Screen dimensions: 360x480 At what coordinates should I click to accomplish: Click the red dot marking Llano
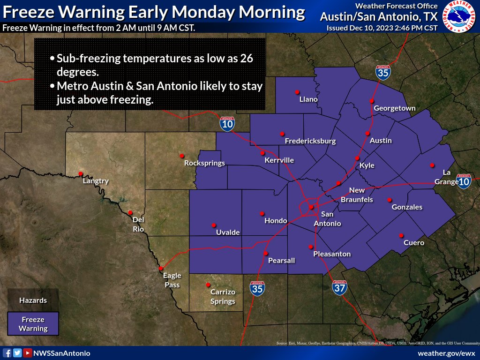tap(297, 92)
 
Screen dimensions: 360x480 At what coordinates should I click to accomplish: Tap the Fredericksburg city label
tap(310, 141)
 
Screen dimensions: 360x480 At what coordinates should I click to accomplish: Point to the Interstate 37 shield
tap(340, 287)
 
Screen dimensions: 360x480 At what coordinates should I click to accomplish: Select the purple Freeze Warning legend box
tap(33, 324)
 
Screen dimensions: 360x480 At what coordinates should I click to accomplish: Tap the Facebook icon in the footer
tap(7, 353)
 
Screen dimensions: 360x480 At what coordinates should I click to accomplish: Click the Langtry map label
tap(96, 181)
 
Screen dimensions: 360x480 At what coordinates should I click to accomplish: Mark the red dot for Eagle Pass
tap(161, 269)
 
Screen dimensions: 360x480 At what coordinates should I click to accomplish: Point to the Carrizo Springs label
tap(223, 297)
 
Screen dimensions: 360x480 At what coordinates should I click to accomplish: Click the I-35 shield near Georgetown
tap(383, 73)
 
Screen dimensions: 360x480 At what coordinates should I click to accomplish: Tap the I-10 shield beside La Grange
tap(464, 181)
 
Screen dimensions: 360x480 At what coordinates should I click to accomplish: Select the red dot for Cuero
tap(401, 235)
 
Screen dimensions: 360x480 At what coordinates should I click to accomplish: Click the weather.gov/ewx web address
tap(446, 353)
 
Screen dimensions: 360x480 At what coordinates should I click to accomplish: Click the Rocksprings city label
tap(204, 163)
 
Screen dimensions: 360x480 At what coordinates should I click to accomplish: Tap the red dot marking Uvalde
tap(214, 225)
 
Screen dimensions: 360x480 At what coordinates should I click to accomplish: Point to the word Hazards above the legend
tap(33, 300)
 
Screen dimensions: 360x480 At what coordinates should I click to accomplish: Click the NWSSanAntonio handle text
tap(61, 353)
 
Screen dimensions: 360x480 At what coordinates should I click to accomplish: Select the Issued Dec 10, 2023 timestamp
tap(382, 28)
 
